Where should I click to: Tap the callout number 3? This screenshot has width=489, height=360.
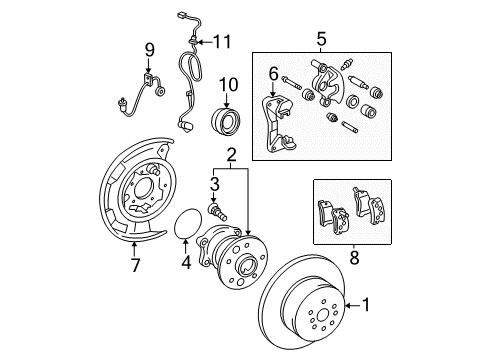point(213,183)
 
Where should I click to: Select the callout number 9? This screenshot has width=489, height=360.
point(149,49)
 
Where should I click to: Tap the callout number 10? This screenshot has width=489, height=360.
point(226,86)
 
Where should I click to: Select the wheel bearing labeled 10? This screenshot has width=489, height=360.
point(225,124)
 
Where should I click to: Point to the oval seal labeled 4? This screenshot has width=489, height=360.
point(186,226)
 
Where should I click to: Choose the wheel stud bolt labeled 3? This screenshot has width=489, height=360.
point(217,213)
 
